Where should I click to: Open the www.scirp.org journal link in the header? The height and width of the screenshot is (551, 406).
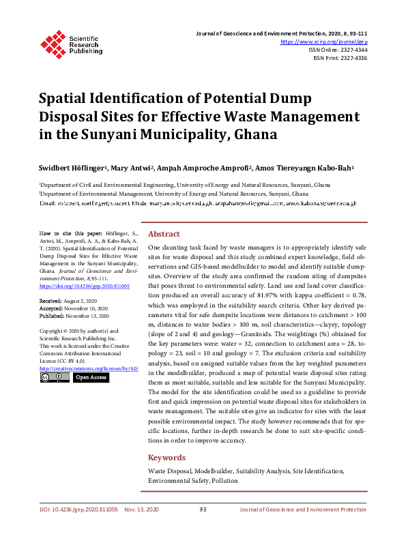point(324,42)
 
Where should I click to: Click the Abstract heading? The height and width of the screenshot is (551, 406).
point(164,233)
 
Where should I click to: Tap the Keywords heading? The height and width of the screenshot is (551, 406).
point(166,458)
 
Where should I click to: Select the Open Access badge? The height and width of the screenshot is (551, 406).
point(91,377)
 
